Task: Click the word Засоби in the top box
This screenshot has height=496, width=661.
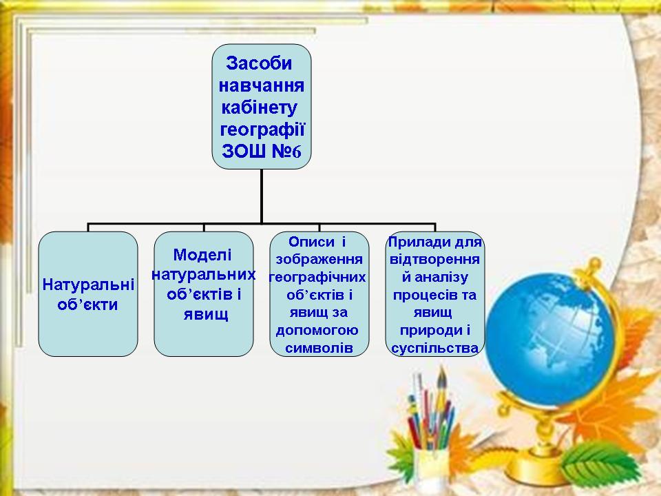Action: click(259, 63)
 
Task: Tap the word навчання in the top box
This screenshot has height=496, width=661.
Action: click(262, 85)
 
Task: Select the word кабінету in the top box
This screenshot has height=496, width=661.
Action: click(260, 108)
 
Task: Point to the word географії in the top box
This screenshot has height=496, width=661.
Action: click(262, 130)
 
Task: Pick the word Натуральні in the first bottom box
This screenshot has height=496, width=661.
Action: click(88, 285)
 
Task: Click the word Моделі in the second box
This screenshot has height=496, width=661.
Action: click(202, 255)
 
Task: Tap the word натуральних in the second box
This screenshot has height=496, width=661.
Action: click(204, 275)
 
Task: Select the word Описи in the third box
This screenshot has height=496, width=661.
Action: click(311, 242)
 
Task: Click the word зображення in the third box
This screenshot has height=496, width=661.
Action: click(319, 260)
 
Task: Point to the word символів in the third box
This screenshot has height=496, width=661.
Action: click(319, 348)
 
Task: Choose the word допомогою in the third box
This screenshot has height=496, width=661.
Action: click(317, 330)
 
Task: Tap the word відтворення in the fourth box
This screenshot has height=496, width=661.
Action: click(434, 260)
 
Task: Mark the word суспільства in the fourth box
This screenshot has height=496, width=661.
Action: click(434, 349)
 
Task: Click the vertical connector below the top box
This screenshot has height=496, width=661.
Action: click(262, 196)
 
